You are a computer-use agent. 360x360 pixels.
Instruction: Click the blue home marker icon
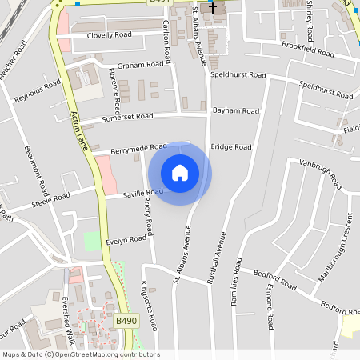click(180, 173)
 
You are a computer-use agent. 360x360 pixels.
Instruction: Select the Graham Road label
click(134, 66)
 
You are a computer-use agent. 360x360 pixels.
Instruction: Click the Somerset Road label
click(127, 117)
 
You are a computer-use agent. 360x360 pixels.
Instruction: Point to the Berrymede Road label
click(139, 148)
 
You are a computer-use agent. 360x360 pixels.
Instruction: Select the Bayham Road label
click(236, 110)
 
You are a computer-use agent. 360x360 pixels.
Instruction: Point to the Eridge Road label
click(231, 147)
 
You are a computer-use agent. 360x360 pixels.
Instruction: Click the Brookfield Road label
click(308, 50)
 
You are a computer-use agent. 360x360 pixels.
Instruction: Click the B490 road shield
click(126, 321)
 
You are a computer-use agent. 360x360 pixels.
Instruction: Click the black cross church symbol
click(213, 7)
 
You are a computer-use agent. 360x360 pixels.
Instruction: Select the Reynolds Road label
click(37, 91)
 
